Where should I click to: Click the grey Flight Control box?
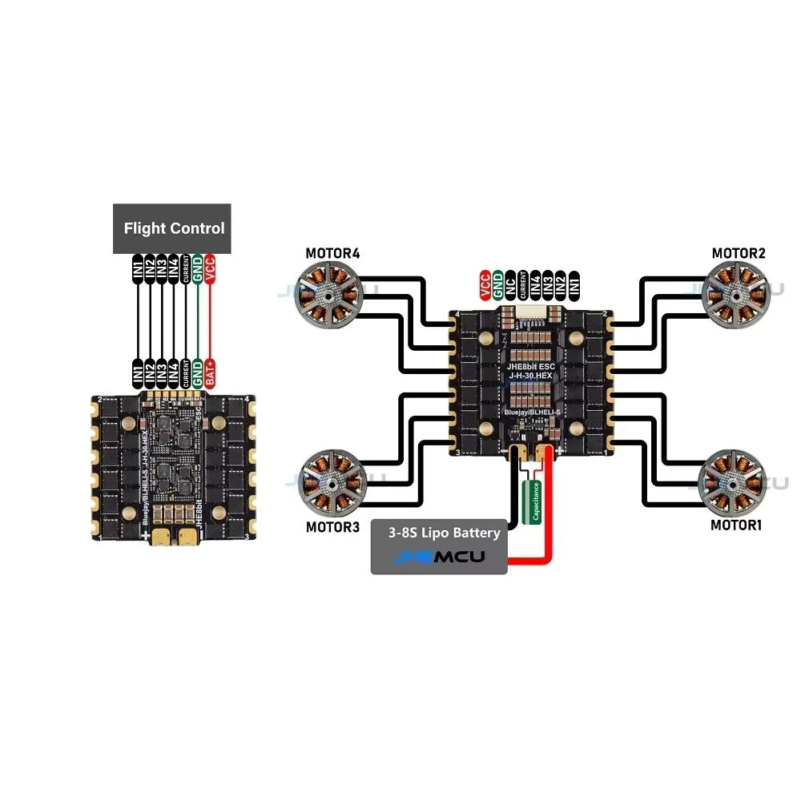174,228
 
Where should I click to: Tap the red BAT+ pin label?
210,374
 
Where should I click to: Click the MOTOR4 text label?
332,254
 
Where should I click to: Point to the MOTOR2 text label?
739,254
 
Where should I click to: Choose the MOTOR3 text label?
332,527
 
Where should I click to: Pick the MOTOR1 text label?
737,525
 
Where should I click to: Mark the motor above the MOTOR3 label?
330,485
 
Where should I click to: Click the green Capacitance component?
531,501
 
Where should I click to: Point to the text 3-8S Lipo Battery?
444,533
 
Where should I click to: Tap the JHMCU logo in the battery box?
441,557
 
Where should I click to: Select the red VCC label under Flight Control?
210,268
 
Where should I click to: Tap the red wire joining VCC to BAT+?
210,320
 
